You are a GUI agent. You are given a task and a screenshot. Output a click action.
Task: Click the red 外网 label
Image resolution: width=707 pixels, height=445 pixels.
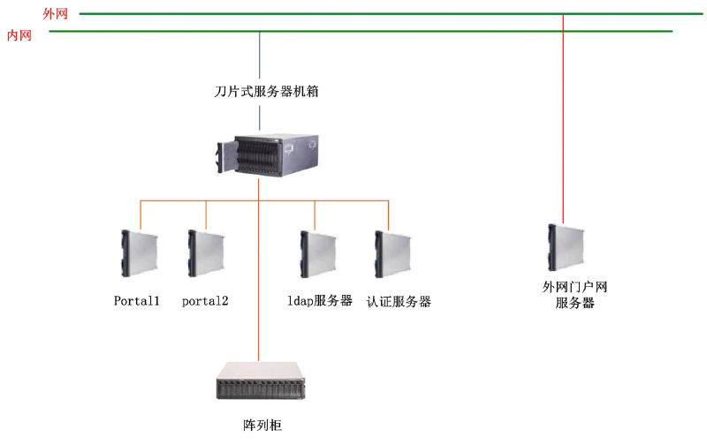54,14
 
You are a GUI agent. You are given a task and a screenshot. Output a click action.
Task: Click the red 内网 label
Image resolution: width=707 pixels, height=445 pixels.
19,35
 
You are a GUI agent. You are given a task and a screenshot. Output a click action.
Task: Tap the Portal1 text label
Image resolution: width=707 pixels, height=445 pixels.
137,301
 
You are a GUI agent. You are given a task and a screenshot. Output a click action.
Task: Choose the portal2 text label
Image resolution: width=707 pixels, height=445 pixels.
205,301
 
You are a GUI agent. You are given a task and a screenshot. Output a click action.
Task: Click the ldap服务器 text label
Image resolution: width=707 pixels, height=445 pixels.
319,301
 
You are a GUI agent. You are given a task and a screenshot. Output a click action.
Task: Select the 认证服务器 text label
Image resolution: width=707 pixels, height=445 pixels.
399,301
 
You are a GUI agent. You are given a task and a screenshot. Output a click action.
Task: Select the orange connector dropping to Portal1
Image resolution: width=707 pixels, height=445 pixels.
141,214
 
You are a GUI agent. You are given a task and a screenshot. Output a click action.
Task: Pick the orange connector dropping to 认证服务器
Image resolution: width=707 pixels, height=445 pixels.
387,214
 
